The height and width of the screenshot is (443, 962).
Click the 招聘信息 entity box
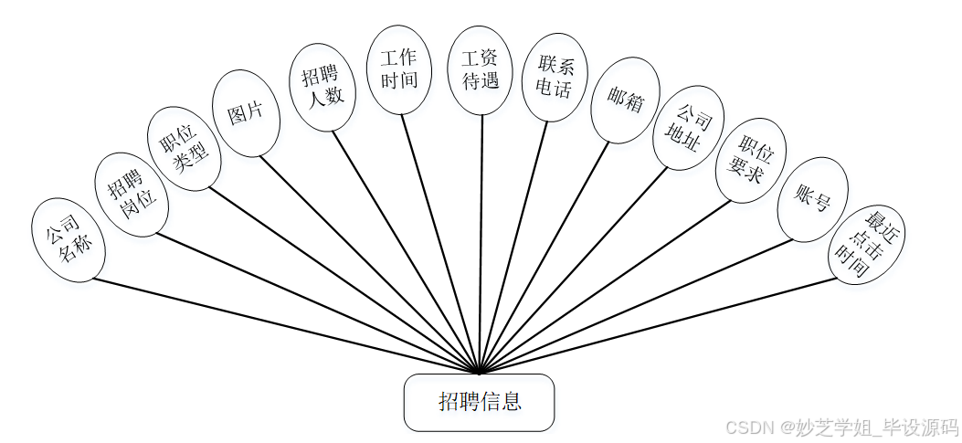479,402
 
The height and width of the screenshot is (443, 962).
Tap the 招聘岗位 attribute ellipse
132,195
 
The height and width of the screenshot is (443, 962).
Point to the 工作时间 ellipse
398,69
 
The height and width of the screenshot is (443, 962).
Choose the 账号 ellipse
812,199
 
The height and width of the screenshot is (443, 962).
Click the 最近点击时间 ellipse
865,245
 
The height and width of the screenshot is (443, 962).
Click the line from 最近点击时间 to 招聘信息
658,325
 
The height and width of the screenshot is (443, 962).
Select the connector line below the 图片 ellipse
365,259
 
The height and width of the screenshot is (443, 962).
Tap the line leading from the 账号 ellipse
640,306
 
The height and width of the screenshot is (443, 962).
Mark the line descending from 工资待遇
481,247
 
